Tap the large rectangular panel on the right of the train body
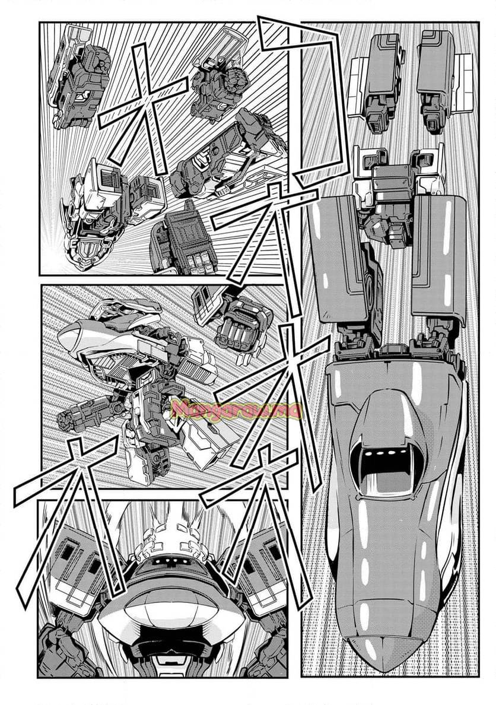(437, 261)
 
